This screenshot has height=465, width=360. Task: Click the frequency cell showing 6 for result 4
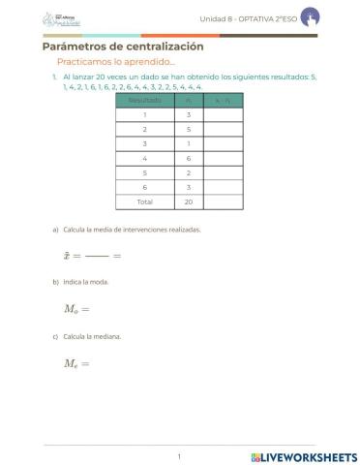[188, 157]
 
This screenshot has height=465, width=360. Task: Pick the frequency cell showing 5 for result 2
[188, 128]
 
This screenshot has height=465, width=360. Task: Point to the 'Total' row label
[144, 201]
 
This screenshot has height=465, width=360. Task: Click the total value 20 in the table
[188, 201]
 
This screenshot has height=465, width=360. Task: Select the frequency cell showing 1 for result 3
[188, 142]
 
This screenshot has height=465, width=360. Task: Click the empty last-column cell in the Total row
[223, 201]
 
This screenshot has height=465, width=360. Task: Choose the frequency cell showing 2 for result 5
[188, 171]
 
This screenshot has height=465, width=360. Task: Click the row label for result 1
[144, 113]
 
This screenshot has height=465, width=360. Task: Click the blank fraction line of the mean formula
[96, 256]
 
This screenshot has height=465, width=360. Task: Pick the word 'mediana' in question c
[108, 336]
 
